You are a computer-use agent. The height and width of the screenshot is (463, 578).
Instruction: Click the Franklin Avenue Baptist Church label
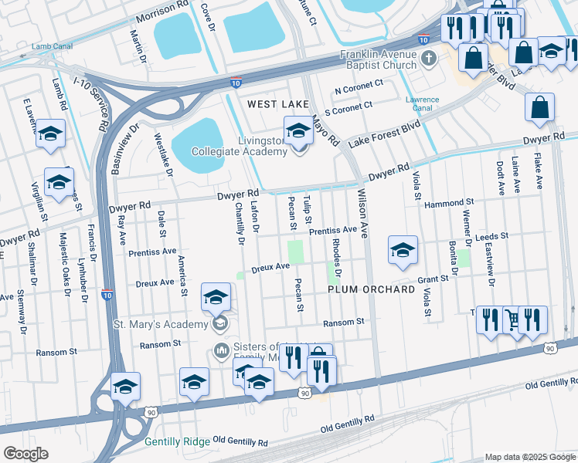pyautogui.click(x=379, y=60)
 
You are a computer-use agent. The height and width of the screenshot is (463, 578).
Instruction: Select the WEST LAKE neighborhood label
pyautogui.click(x=277, y=103)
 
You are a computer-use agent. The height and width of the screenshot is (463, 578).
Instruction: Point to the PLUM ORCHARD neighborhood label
pyautogui.click(x=366, y=289)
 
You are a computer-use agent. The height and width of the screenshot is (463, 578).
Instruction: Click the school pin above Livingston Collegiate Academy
pyautogui.click(x=297, y=130)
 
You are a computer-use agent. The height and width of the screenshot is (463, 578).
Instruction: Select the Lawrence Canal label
pyautogui.click(x=423, y=104)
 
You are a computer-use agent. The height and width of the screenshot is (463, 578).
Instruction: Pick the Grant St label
pyautogui.click(x=433, y=279)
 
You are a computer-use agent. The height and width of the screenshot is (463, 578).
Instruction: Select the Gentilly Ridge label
pyautogui.click(x=175, y=442)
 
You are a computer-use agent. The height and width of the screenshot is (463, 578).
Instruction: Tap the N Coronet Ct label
pyautogui.click(x=359, y=85)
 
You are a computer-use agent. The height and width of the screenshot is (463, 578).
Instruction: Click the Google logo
pyautogui.click(x=25, y=454)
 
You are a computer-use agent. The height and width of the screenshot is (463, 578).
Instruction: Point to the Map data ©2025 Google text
pyautogui.click(x=529, y=457)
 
